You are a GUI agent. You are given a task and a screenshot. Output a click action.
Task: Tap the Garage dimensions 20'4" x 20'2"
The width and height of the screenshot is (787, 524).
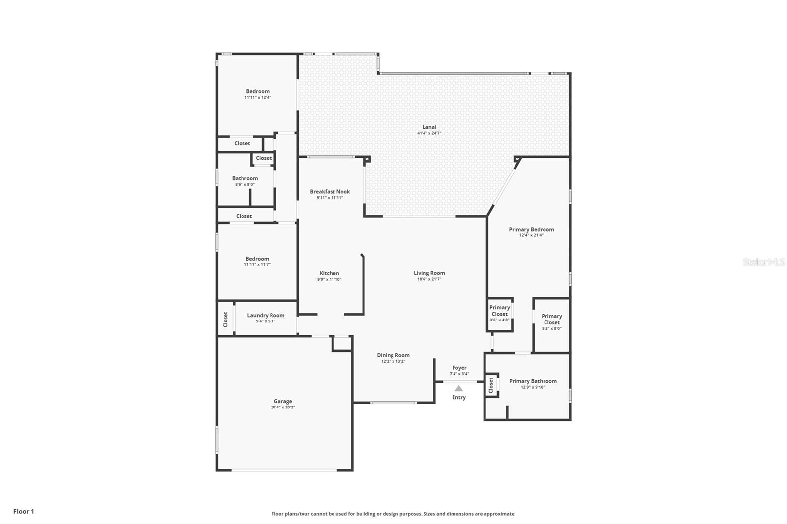(283, 408)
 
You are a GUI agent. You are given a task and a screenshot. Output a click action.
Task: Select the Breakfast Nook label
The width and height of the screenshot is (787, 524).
(330, 192)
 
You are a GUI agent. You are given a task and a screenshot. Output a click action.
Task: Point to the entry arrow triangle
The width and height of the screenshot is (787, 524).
(459, 388)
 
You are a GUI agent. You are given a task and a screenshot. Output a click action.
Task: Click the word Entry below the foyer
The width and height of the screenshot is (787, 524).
(459, 397)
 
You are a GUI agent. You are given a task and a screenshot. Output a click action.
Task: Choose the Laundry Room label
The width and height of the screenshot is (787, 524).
(266, 316)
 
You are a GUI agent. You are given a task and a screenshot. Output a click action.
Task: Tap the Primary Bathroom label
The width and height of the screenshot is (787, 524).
(533, 381)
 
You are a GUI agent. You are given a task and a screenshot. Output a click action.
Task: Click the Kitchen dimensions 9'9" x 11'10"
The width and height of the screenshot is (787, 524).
(329, 279)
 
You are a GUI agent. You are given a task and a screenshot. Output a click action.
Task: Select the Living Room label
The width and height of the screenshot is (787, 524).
(429, 273)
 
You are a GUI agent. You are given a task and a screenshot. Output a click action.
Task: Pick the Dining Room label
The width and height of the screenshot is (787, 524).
(393, 355)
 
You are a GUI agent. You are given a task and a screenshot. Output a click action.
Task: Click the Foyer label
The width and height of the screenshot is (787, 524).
(459, 368)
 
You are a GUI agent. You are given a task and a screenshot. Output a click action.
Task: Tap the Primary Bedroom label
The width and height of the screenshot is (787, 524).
(531, 230)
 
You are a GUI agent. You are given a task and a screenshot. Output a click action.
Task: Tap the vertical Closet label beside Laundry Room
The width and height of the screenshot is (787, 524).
(226, 320)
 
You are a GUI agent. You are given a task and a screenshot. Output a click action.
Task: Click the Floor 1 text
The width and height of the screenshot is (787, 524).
(24, 511)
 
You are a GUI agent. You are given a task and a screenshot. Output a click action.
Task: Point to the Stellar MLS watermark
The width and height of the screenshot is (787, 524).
(764, 262)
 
